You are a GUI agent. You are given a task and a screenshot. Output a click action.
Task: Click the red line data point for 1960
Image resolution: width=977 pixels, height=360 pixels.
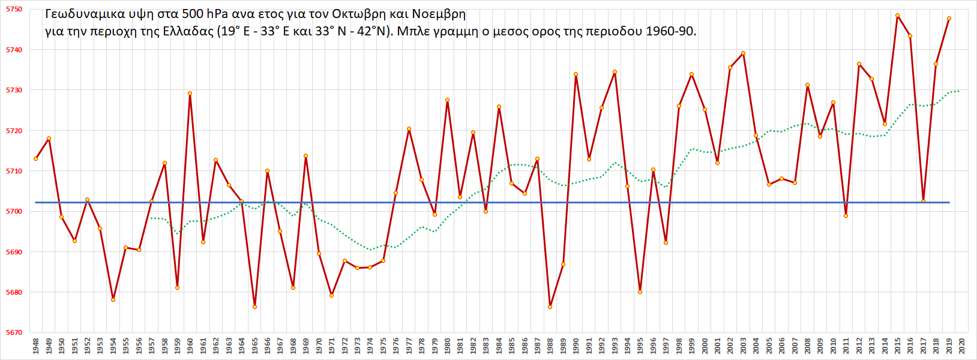click(x=190, y=93)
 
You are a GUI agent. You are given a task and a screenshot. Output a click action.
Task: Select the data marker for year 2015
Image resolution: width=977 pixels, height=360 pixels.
click(x=897, y=16)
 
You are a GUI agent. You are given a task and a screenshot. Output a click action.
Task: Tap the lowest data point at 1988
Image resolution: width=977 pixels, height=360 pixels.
click(x=550, y=307)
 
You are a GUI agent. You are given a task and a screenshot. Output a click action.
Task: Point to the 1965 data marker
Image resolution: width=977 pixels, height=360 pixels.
click(x=254, y=307)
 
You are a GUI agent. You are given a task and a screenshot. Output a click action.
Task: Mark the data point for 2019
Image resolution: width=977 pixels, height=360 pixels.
click(x=949, y=19)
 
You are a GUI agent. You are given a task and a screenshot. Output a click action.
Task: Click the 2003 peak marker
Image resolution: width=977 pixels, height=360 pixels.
click(x=743, y=53)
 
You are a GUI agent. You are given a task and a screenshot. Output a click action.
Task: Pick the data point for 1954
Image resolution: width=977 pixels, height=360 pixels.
click(x=113, y=299)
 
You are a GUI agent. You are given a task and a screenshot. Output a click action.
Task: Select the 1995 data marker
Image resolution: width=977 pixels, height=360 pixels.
click(x=640, y=292)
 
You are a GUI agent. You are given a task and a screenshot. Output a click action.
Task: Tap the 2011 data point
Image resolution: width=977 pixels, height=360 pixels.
click(x=846, y=215)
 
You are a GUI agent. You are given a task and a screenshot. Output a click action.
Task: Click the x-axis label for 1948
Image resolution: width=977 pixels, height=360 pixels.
click(x=36, y=346)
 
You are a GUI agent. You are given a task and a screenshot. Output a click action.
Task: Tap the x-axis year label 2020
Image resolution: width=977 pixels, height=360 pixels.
click(x=961, y=346)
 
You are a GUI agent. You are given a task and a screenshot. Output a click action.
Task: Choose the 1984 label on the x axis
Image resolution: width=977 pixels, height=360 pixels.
click(x=499, y=346)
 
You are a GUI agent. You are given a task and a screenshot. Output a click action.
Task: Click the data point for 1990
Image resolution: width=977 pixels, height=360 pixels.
click(x=576, y=74)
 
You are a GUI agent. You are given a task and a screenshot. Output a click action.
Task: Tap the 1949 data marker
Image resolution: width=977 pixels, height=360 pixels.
click(x=49, y=139)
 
